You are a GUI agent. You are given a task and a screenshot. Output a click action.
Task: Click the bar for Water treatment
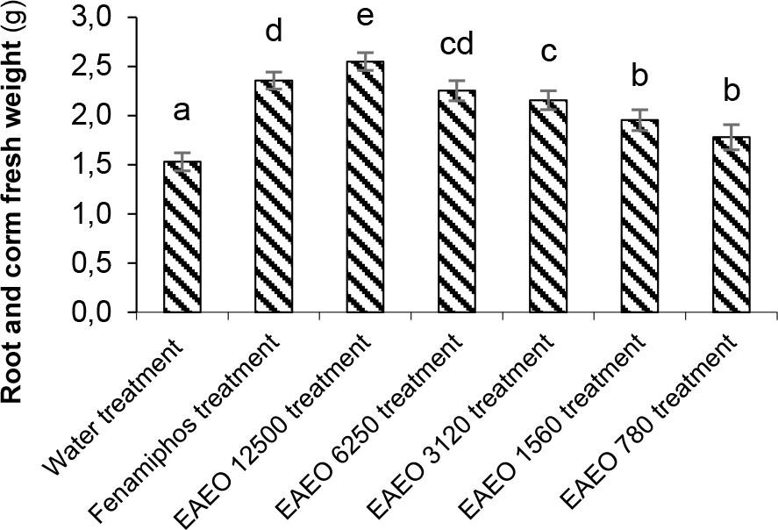(x=182, y=237)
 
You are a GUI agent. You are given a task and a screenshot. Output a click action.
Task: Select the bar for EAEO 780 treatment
(x=731, y=237)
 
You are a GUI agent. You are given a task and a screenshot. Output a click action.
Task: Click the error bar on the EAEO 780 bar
(x=731, y=137)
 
